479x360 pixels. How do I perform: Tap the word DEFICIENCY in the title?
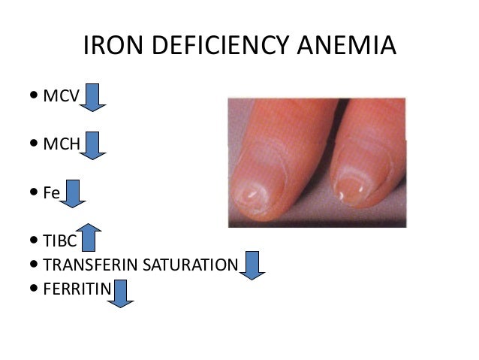[x=223, y=47]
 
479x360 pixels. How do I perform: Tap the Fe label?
[x=51, y=192]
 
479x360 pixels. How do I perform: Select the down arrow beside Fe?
[x=73, y=194]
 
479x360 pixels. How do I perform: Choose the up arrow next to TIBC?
[x=88, y=237]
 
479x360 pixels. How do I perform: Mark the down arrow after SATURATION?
[x=252, y=265]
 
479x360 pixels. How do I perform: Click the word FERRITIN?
[x=77, y=289]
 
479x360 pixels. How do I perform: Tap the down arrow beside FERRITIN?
[x=120, y=293]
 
